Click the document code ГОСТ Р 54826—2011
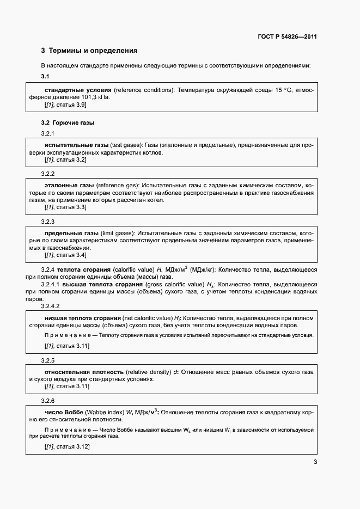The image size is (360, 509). point(287,37)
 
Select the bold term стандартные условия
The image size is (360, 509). point(78,89)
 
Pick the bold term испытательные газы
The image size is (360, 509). point(76,145)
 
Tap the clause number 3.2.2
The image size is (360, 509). point(48,174)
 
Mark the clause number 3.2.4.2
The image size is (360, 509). point(50,306)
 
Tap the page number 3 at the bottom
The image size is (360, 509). point(315,463)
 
